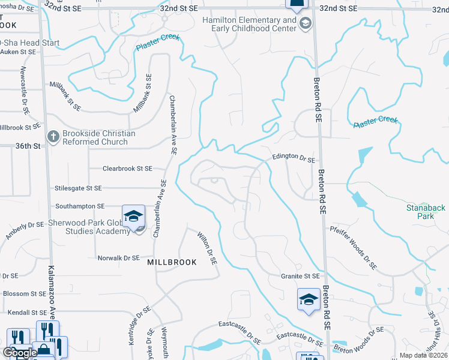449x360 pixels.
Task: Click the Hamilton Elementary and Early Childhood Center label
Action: (x=249, y=25)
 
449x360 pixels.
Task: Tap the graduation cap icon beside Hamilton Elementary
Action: (x=305, y=24)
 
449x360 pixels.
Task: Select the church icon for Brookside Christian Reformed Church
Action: (x=53, y=137)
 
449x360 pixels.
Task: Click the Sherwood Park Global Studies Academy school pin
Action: (x=133, y=217)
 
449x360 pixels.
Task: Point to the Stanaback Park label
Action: (x=424, y=213)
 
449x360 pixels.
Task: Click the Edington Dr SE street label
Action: (x=294, y=157)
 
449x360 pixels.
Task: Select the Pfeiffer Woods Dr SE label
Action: (x=354, y=247)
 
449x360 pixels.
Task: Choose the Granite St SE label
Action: (x=301, y=276)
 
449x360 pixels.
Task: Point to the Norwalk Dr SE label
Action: (x=118, y=258)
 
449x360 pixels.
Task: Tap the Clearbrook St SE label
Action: (x=127, y=169)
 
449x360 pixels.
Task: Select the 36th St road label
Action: (x=28, y=146)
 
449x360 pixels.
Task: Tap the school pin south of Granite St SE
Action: (x=308, y=299)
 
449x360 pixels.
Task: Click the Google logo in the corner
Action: (x=19, y=353)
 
